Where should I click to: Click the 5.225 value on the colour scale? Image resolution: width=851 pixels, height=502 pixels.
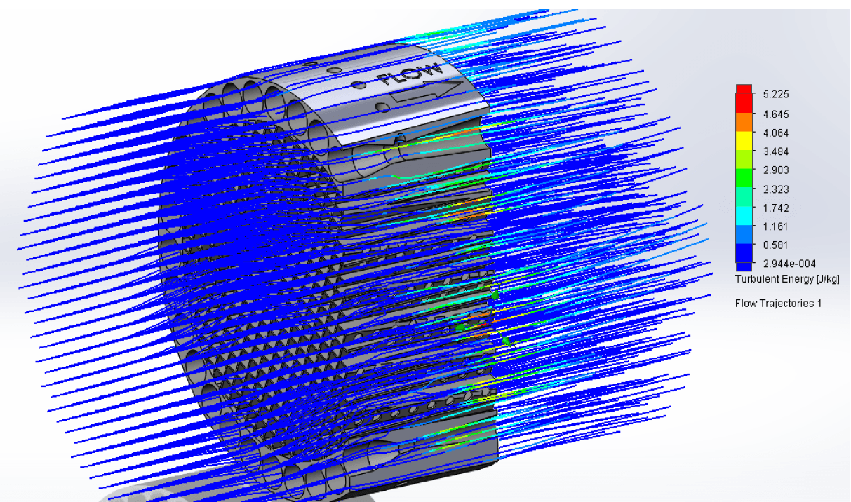tap(776, 94)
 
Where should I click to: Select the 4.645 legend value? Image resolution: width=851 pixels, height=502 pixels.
tap(776, 114)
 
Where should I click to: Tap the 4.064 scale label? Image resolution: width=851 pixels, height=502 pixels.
tap(776, 133)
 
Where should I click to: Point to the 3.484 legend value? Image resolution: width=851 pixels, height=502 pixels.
tap(776, 151)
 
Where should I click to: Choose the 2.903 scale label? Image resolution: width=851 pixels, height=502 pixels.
tap(776, 170)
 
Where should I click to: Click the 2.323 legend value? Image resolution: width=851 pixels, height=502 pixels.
tap(776, 189)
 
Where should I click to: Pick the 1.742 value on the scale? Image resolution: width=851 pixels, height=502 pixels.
tap(776, 208)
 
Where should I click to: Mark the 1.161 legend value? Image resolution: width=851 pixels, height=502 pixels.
tap(776, 226)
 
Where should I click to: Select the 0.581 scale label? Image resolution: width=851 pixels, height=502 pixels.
tap(776, 245)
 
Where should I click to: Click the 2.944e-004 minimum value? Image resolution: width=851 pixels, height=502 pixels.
tap(789, 264)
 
